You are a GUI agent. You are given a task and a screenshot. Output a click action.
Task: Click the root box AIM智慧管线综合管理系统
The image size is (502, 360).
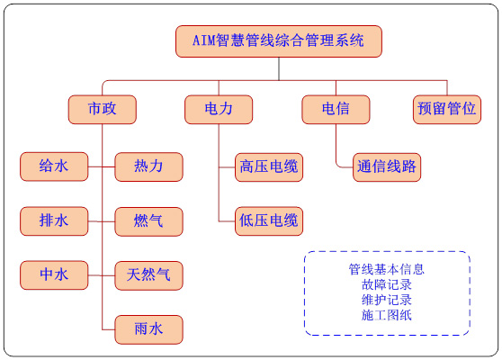pos(279,41)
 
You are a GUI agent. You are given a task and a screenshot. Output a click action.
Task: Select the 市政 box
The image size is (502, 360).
pos(103,109)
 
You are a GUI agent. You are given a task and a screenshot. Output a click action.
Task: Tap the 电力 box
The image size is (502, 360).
pos(219,109)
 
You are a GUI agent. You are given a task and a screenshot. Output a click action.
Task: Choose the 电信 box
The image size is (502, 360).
pos(336,109)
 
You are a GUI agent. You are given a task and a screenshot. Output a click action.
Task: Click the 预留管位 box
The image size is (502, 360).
pos(447,109)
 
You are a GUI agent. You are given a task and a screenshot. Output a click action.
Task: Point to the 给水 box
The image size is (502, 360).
pos(54,166)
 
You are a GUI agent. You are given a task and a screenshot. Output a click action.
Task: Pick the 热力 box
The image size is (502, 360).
pos(148,166)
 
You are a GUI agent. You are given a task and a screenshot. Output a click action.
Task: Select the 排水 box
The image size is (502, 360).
pos(54,221)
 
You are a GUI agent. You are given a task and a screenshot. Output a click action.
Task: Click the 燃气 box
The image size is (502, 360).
pos(148,221)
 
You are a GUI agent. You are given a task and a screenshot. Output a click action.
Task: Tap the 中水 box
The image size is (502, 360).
pos(54,275)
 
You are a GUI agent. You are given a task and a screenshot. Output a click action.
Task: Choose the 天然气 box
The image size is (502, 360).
pos(148,275)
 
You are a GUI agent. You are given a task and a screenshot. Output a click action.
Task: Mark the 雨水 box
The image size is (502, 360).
pos(148,329)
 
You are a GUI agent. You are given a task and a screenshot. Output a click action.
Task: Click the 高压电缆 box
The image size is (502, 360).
pos(269,167)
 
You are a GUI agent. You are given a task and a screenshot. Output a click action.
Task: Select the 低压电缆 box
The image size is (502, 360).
pos(269,221)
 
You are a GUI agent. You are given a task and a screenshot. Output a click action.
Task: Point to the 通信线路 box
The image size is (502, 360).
pos(387,167)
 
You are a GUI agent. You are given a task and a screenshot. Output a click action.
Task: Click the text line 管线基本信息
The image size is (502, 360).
pos(387,269)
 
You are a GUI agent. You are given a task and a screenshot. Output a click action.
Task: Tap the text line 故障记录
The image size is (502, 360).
pos(387,284)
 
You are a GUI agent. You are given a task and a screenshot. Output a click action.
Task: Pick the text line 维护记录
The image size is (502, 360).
pos(387,300)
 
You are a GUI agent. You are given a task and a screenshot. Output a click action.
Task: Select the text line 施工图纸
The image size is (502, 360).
pos(387,315)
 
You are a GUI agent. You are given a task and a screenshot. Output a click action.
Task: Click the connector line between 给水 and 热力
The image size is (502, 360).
pos(102,166)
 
